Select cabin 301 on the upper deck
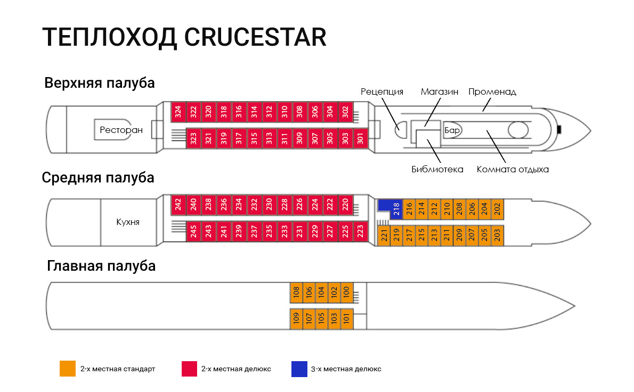pos(361,139)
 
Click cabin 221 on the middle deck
pos(384,236)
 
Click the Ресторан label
pos(121,130)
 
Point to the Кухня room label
pos(128,222)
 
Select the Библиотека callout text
pos(437,170)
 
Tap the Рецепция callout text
pos(382,91)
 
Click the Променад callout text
pos(492,91)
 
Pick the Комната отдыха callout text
pos(513,170)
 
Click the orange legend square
pos(68,369)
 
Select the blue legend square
pos(299,369)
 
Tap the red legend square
pos(190,369)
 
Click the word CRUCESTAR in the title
pos(255,38)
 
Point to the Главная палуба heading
pos(101,265)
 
